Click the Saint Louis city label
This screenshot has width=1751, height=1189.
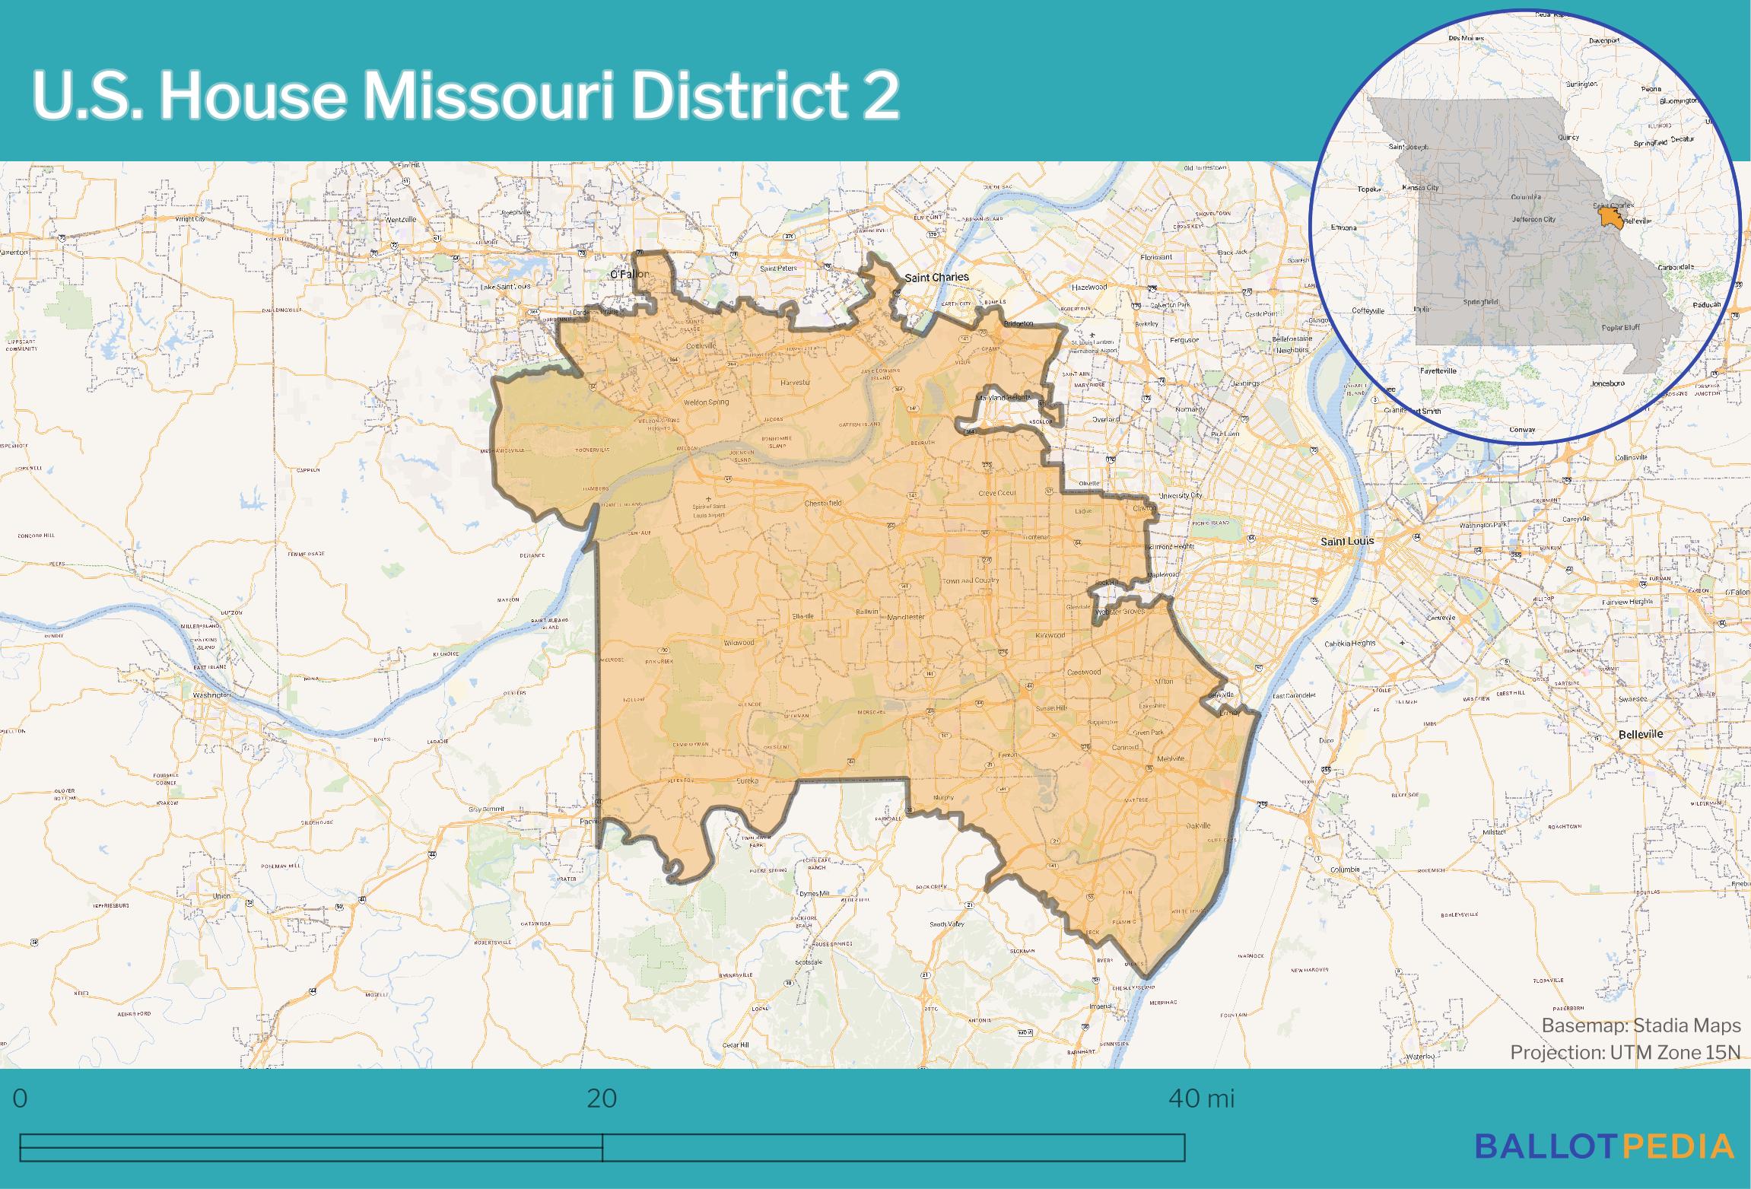pyautogui.click(x=1346, y=541)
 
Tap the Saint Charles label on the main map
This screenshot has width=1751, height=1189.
pyautogui.click(x=936, y=277)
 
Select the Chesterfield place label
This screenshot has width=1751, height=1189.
pyautogui.click(x=823, y=504)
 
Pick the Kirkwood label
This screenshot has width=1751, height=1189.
pyautogui.click(x=1050, y=635)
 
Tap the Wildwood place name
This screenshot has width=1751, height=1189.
pyautogui.click(x=739, y=643)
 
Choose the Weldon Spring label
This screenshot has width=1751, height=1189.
pyautogui.click(x=706, y=402)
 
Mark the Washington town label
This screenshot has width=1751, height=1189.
pyautogui.click(x=211, y=695)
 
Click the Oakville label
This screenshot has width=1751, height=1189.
pyautogui.click(x=1198, y=825)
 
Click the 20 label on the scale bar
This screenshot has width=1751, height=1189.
pyautogui.click(x=602, y=1099)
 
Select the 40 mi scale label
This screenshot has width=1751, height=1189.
pyautogui.click(x=1201, y=1099)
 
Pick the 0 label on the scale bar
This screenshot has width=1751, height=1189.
pyautogui.click(x=21, y=1099)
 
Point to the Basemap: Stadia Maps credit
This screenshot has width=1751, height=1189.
pyautogui.click(x=1641, y=1025)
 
